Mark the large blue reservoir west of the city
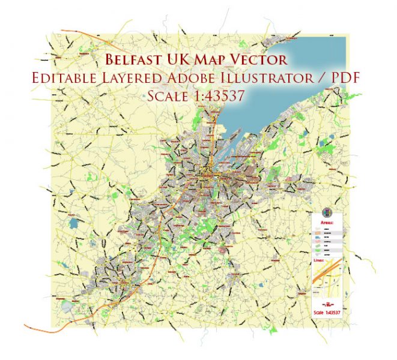pyautogui.click(x=74, y=223)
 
